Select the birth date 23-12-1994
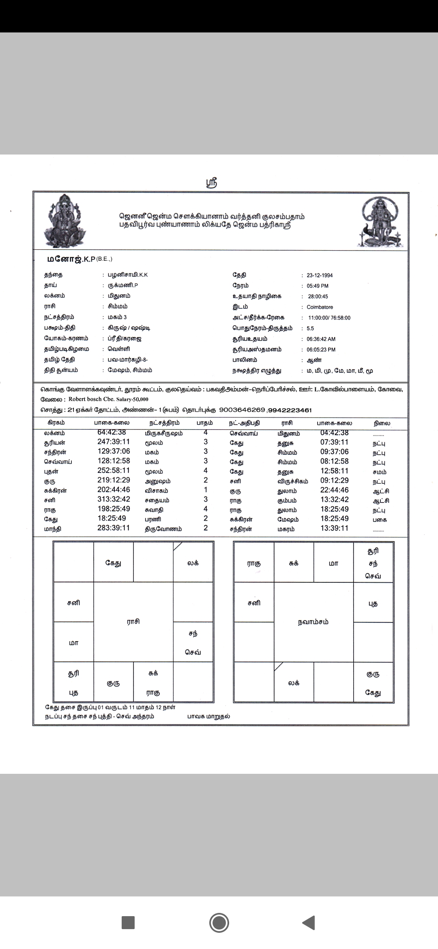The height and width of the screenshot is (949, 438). (320, 275)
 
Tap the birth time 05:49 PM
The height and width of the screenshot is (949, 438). (318, 286)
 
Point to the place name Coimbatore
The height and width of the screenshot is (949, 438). (320, 307)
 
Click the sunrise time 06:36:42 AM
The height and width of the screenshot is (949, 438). (321, 339)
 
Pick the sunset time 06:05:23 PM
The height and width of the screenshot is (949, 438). (321, 350)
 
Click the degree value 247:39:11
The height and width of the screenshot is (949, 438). (114, 442)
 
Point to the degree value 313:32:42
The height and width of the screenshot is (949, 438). (114, 500)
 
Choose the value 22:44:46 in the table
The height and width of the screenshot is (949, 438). (334, 490)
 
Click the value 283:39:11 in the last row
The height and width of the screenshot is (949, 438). (114, 528)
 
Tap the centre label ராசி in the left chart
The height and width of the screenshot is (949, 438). (133, 621)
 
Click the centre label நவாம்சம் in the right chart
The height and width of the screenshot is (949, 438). (313, 622)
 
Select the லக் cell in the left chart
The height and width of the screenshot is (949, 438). (193, 563)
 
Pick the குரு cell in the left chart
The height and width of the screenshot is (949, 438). (113, 683)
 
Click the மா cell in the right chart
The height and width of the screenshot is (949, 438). (333, 563)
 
